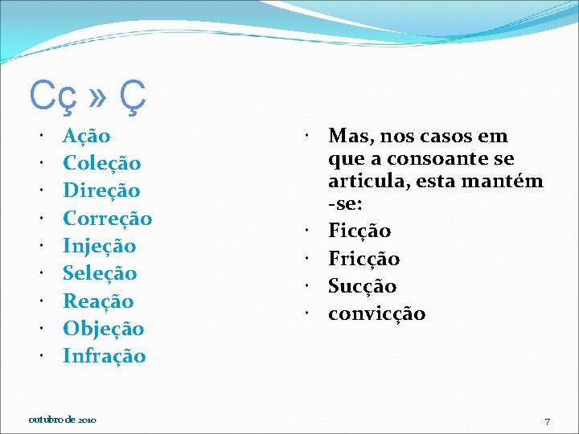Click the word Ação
(87, 136)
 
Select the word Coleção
(102, 163)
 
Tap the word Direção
(101, 190)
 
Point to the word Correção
(108, 218)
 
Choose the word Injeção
(100, 246)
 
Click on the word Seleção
(101, 273)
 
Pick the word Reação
(98, 301)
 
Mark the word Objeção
(104, 329)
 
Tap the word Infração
(105, 356)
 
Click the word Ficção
(359, 231)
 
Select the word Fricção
(364, 259)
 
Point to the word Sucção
(363, 286)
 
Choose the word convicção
(377, 313)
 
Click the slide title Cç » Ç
(88, 97)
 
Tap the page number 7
(547, 421)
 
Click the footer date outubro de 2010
(63, 420)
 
